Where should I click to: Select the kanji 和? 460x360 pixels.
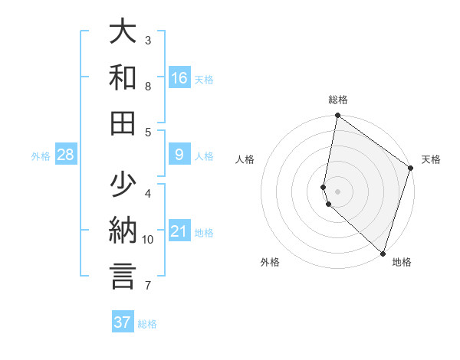pos(123,77)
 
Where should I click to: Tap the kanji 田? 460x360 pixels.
pos(123,123)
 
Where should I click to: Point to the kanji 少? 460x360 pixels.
pos(123,185)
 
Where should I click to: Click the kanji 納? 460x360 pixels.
pos(123,231)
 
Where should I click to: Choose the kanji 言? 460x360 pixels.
pos(123,277)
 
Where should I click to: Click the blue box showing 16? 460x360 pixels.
pos(179,78)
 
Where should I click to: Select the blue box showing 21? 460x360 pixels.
pos(179,232)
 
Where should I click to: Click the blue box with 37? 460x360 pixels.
pos(123,322)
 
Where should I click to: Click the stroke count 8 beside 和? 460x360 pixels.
pos(148,87)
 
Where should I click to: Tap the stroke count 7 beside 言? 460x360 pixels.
pos(148,286)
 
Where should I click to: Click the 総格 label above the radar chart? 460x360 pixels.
pos(338,100)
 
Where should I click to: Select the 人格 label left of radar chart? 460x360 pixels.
pos(245,159)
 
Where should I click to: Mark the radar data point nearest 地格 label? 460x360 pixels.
pos(383,254)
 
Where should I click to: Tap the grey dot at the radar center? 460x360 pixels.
pos(338,190)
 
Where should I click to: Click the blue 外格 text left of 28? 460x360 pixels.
pos(41,156)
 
